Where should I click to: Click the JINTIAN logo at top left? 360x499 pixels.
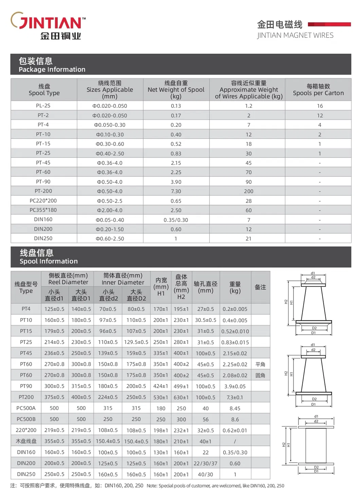click(48, 26)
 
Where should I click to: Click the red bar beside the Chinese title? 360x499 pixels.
click(329, 24)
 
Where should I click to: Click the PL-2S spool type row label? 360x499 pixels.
click(43, 106)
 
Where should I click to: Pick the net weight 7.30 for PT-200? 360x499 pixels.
click(176, 191)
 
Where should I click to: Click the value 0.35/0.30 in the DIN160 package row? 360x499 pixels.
click(176, 220)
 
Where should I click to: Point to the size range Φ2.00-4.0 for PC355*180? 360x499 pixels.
click(110, 210)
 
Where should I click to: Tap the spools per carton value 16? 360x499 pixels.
click(320, 106)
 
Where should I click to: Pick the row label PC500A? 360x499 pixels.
click(26, 408)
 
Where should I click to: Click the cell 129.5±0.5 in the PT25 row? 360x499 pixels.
click(136, 342)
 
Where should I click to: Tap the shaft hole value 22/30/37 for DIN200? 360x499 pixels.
click(205, 463)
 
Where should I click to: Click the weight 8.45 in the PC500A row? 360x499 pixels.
click(235, 408)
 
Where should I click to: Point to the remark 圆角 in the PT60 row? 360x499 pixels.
click(260, 375)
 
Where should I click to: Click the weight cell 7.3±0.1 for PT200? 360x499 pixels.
click(235, 397)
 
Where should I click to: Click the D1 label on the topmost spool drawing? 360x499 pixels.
click(313, 333)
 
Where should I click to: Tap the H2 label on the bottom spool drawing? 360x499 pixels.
click(284, 445)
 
